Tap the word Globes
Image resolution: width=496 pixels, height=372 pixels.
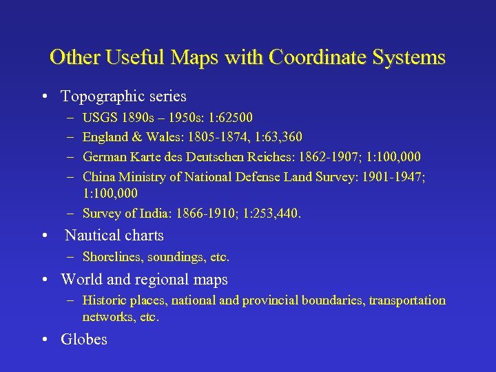point(84,340)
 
